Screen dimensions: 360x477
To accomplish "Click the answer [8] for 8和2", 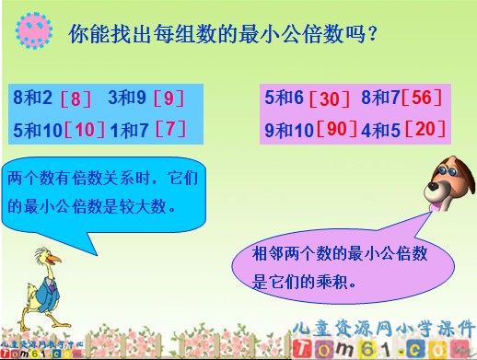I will [x=76, y=97].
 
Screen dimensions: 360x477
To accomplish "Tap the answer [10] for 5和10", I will [x=85, y=130].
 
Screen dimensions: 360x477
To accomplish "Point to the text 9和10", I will [x=289, y=130].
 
